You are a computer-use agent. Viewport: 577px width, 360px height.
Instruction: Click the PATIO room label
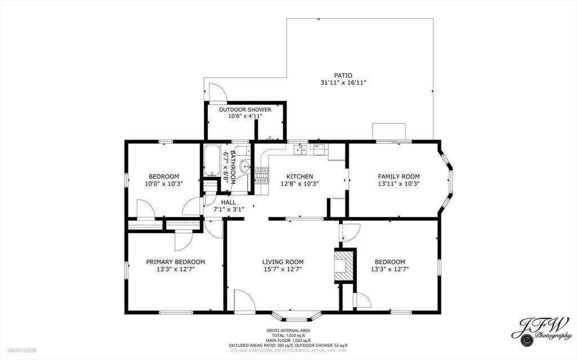point(343,75)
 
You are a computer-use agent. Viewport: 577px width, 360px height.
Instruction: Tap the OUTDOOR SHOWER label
point(245,109)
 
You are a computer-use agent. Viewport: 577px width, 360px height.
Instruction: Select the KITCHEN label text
point(299,176)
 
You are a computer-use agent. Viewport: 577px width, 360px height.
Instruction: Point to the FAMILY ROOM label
point(398,176)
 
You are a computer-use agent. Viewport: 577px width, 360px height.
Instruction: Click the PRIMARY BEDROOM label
point(175,261)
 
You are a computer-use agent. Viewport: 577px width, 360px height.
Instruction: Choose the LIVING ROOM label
point(282,261)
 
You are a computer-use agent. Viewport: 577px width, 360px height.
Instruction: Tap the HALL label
point(228,202)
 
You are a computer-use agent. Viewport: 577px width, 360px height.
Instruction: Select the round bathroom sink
point(245,167)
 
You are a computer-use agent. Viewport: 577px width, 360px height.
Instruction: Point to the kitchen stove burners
point(262,175)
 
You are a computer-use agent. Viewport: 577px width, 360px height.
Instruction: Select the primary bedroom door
point(183,241)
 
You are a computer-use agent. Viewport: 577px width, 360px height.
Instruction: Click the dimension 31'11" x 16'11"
point(343,83)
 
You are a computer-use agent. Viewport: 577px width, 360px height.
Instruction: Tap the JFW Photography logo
point(542,330)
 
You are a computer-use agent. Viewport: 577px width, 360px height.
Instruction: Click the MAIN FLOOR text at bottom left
point(23,350)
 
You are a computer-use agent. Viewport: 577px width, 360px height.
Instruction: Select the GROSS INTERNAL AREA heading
point(288,330)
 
